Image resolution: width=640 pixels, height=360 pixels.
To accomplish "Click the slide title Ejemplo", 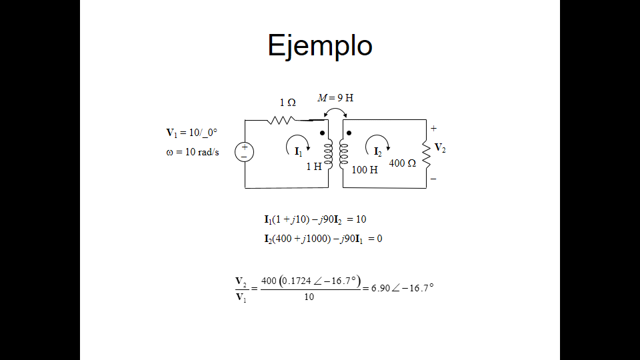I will click(319, 45).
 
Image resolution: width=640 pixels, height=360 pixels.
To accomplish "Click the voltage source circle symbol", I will click(244, 152).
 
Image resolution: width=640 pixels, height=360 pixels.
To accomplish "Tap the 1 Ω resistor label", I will click(287, 103).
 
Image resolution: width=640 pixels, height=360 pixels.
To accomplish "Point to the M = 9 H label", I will click(335, 97).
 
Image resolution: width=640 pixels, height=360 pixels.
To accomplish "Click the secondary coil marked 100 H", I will click(344, 153).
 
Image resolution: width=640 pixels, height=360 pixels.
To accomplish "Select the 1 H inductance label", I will click(313, 167).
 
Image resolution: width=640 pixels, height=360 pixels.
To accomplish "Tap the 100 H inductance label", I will click(365, 170).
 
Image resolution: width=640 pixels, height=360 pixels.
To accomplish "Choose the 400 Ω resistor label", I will click(403, 163).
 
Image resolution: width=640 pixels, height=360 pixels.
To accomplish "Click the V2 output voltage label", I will click(439, 148).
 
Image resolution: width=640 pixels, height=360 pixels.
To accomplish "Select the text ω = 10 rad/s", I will click(192, 152).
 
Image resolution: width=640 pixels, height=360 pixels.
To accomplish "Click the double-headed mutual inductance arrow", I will click(335, 113).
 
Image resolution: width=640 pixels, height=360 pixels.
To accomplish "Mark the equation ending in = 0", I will click(323, 239).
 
